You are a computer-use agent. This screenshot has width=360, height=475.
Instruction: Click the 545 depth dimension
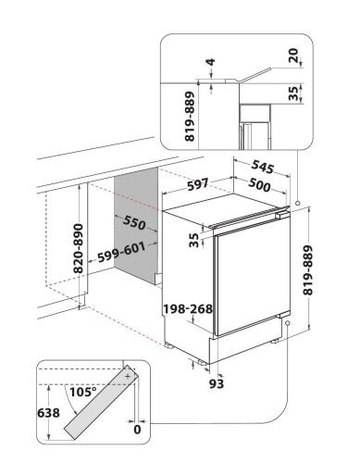pyautogui.click(x=262, y=167)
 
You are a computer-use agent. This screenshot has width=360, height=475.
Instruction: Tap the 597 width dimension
pyautogui.click(x=198, y=184)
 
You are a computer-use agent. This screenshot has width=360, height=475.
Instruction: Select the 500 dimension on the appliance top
pyautogui.click(x=259, y=184)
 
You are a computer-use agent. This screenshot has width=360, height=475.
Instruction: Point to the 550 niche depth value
pyautogui.click(x=134, y=222)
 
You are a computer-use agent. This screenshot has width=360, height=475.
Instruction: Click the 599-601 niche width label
pyautogui.click(x=121, y=253)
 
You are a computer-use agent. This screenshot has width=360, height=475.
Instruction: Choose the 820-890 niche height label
pyautogui.click(x=79, y=248)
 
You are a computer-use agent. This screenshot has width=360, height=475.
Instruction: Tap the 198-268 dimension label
pyautogui.click(x=188, y=308)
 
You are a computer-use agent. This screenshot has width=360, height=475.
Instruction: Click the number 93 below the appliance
pyautogui.click(x=217, y=383)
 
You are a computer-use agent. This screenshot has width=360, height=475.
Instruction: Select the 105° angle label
pyautogui.click(x=83, y=392)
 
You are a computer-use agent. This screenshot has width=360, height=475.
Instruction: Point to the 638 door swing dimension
pyautogui.click(x=48, y=413)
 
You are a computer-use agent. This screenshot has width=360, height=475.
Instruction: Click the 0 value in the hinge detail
pyautogui.click(x=137, y=430)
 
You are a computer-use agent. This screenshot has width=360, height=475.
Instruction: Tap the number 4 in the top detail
pyautogui.click(x=211, y=62)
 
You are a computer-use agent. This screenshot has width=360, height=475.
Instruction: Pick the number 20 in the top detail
pyautogui.click(x=294, y=56)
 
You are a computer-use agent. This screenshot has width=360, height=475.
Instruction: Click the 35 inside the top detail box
pyautogui.click(x=293, y=94)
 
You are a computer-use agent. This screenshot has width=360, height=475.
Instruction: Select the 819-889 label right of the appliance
pyautogui.click(x=307, y=270)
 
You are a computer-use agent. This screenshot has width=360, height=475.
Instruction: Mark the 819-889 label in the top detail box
pyautogui.click(x=190, y=117)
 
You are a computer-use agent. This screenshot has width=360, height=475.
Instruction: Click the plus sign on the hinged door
pyautogui.click(x=128, y=377)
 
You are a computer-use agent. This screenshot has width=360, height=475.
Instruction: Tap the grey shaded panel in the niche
pyautogui.click(x=136, y=225)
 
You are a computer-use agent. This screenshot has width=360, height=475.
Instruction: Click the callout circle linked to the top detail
pyautogui.click(x=298, y=204)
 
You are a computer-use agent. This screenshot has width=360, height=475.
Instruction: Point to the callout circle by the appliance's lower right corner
pyautogui.click(x=288, y=323)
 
